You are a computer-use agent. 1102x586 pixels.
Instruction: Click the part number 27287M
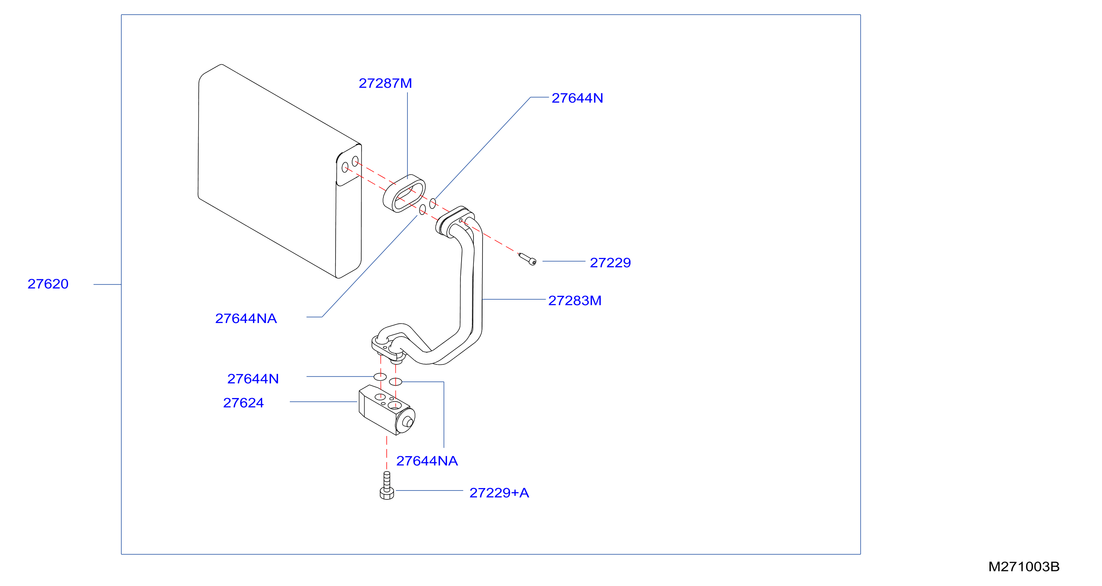point(385,83)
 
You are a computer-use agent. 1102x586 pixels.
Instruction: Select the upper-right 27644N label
point(577,98)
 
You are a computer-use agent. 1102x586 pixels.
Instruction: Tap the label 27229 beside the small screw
point(610,263)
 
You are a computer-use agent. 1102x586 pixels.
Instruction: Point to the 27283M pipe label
point(574,301)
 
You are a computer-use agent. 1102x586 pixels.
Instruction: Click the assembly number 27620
point(48,284)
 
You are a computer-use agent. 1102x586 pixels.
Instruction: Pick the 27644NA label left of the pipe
point(246,319)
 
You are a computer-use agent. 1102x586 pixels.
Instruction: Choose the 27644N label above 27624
point(253,379)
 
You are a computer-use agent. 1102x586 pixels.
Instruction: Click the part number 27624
point(243,403)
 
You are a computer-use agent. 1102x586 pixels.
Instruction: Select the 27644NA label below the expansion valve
point(427,461)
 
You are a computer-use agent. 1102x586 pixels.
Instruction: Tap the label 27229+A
point(499,493)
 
